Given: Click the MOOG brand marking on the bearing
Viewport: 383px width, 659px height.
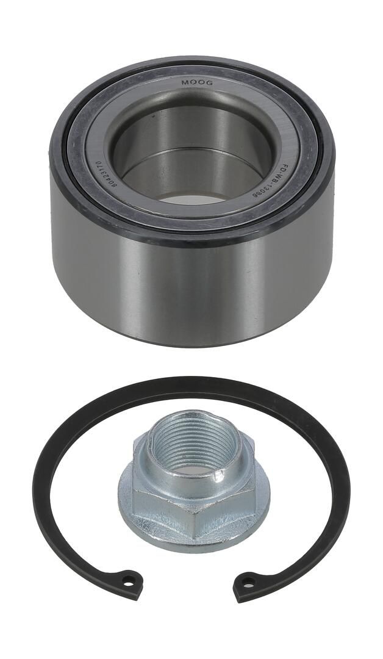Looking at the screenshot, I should click(x=193, y=83).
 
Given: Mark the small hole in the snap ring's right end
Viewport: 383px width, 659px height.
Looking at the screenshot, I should click(x=249, y=582).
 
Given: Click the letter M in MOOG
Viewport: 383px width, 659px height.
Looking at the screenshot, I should click(x=184, y=83).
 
